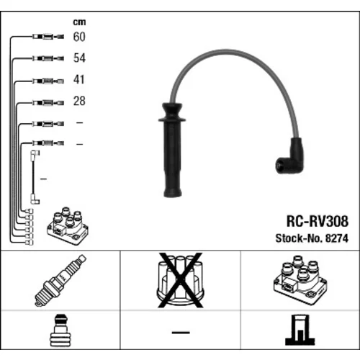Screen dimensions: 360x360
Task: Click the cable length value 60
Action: coord(79,37)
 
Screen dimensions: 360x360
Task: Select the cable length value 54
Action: coord(79,58)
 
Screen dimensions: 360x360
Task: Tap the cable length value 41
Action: coord(79,79)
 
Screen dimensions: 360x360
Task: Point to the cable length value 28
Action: coord(79,101)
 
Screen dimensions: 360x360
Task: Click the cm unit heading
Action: coord(79,22)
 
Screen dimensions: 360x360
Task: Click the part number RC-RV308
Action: coord(318,221)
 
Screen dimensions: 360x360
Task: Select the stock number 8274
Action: coord(336,238)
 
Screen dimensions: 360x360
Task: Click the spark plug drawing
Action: coord(60,280)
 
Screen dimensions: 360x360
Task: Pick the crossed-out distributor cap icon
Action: coord(180,280)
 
